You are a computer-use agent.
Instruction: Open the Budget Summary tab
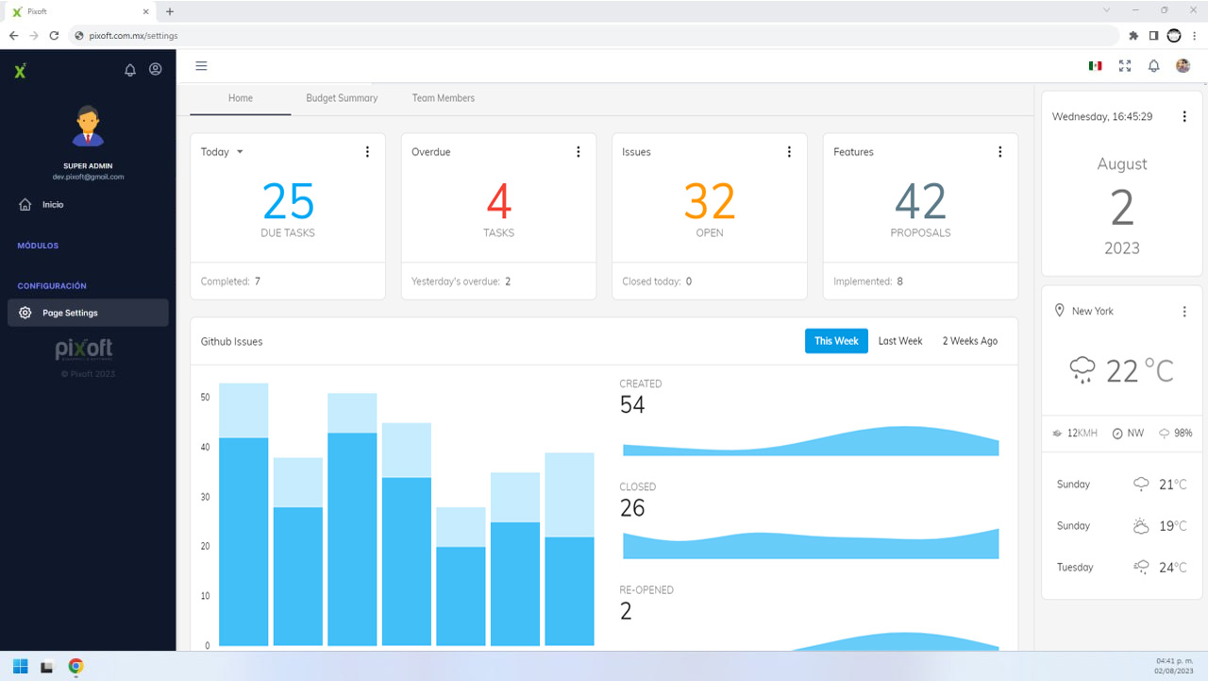click(x=342, y=98)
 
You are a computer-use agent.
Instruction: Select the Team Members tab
click(x=444, y=98)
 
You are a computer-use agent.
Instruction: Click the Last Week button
click(x=900, y=341)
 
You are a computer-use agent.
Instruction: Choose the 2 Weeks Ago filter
click(x=969, y=341)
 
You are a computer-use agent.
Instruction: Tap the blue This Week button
click(x=836, y=341)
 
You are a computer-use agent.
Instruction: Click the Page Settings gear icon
click(x=25, y=313)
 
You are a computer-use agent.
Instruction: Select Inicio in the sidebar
click(x=53, y=205)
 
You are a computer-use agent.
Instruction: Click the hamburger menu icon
click(x=201, y=66)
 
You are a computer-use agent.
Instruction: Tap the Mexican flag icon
click(x=1095, y=66)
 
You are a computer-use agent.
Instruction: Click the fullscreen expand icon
click(x=1124, y=66)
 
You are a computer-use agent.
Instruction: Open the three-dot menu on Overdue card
click(x=579, y=152)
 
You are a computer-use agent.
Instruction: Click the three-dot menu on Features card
click(x=999, y=152)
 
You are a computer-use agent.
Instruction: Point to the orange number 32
click(x=709, y=201)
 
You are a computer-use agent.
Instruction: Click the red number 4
click(x=499, y=201)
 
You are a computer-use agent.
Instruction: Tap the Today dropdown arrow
click(x=240, y=152)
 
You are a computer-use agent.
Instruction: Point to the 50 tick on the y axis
click(x=205, y=397)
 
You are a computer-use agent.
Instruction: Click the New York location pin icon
click(x=1059, y=311)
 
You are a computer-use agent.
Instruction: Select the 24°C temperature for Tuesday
click(x=1173, y=568)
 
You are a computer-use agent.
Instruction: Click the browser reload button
click(x=54, y=36)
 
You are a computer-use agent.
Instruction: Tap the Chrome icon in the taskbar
click(x=75, y=667)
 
